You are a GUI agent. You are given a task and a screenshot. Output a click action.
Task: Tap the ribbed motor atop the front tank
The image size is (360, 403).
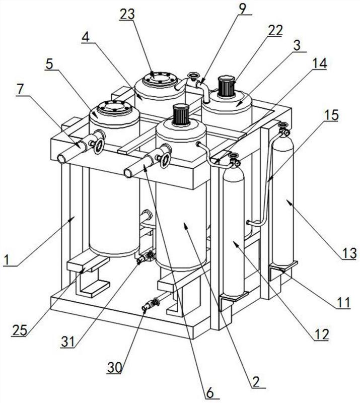click(x=181, y=116)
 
